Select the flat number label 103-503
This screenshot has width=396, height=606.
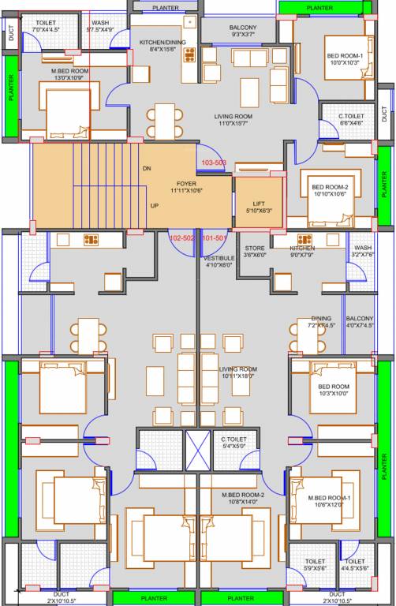point(214,162)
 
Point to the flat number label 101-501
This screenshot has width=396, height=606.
point(215,238)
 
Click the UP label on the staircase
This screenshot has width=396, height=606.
point(155,207)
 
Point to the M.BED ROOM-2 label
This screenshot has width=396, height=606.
point(242,495)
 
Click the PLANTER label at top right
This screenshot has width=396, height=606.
point(319,7)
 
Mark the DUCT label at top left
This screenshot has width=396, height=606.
point(10,33)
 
